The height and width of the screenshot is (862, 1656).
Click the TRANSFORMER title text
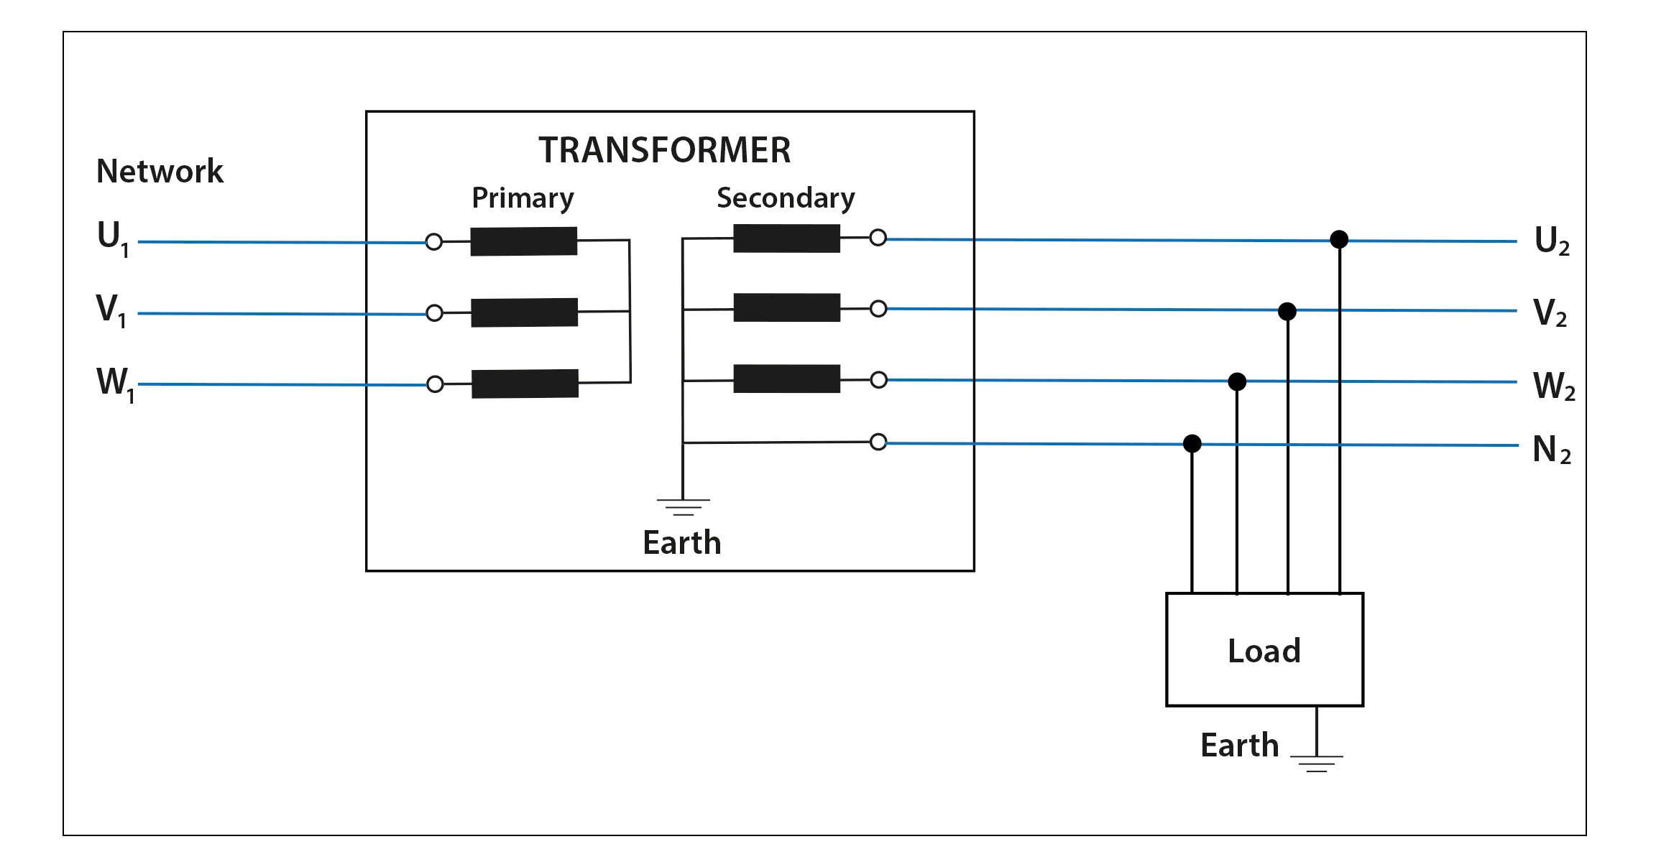(x=664, y=151)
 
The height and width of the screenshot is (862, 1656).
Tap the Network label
(x=160, y=172)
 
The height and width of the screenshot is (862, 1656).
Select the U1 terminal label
(x=112, y=238)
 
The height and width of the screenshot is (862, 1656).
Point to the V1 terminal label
(x=111, y=310)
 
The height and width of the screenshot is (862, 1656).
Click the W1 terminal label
(x=114, y=383)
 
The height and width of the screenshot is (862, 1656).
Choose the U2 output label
(x=1551, y=241)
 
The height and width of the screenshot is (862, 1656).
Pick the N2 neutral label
(x=1551, y=450)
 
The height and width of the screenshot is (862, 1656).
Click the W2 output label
(x=1552, y=386)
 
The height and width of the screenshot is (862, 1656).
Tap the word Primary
(x=523, y=198)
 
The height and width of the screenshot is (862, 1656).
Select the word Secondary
(x=786, y=198)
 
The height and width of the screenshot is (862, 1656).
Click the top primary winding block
(x=524, y=241)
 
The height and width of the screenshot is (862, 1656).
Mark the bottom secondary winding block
(x=786, y=379)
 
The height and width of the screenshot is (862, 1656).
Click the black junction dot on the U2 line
(x=1339, y=239)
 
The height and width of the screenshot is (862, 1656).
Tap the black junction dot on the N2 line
(x=1192, y=443)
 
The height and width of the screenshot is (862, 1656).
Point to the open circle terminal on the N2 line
(x=878, y=442)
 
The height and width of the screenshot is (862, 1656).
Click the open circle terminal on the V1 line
(x=434, y=313)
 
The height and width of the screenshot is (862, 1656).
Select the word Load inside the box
(x=1264, y=651)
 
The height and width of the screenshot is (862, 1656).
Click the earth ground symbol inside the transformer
(x=683, y=506)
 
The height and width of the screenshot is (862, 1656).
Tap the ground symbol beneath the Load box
(x=1316, y=764)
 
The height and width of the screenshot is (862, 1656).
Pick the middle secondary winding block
(x=786, y=307)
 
